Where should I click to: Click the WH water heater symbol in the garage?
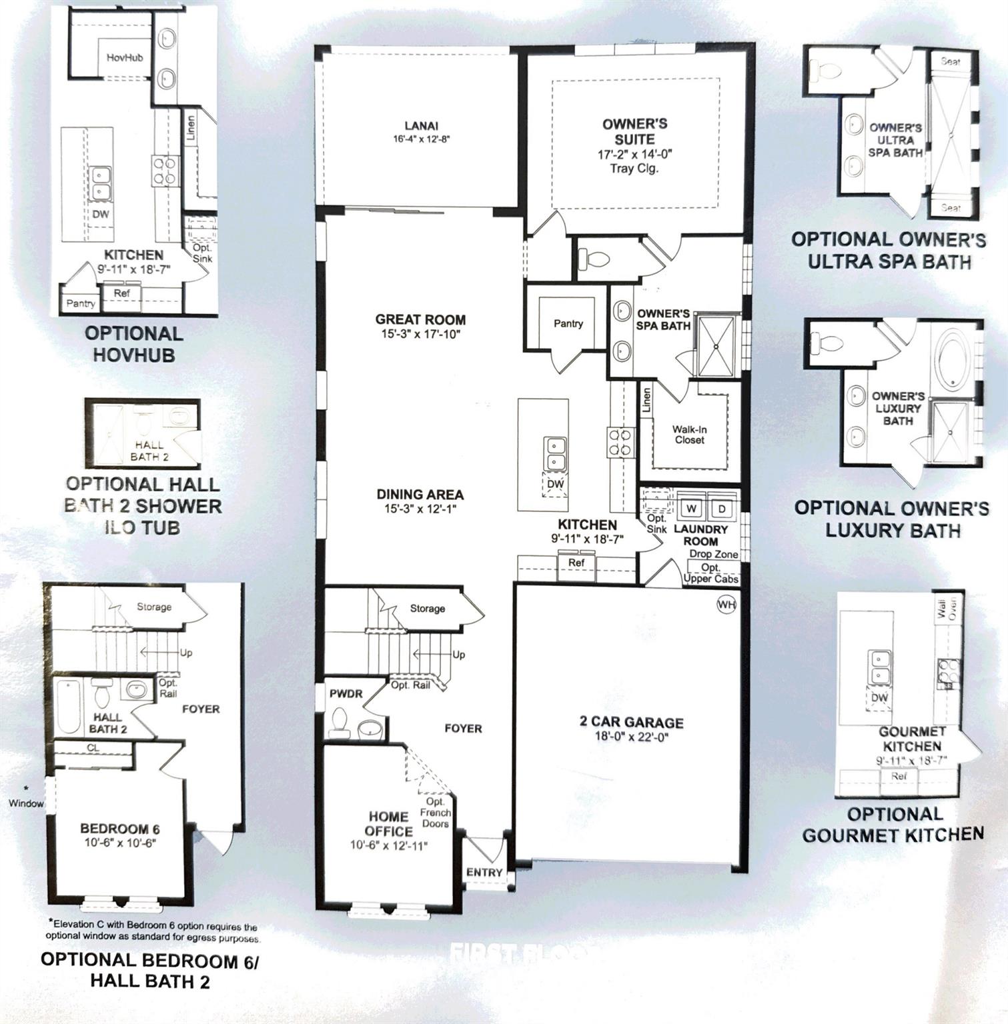(x=726, y=604)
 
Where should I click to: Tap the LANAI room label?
(x=420, y=126)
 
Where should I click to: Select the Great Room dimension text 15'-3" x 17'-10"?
(x=420, y=334)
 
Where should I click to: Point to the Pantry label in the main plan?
(x=568, y=323)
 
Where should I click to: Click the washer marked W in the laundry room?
(x=692, y=509)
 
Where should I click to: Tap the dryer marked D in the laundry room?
(x=722, y=509)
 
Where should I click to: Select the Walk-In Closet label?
(x=689, y=435)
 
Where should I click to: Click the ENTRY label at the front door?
(x=484, y=872)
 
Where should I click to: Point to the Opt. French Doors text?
(x=435, y=812)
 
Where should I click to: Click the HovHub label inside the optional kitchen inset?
(x=125, y=58)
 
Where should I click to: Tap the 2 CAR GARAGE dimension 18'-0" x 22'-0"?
(x=630, y=737)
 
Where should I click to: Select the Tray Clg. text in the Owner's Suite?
(x=634, y=169)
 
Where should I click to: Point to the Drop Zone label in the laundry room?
(x=713, y=554)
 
